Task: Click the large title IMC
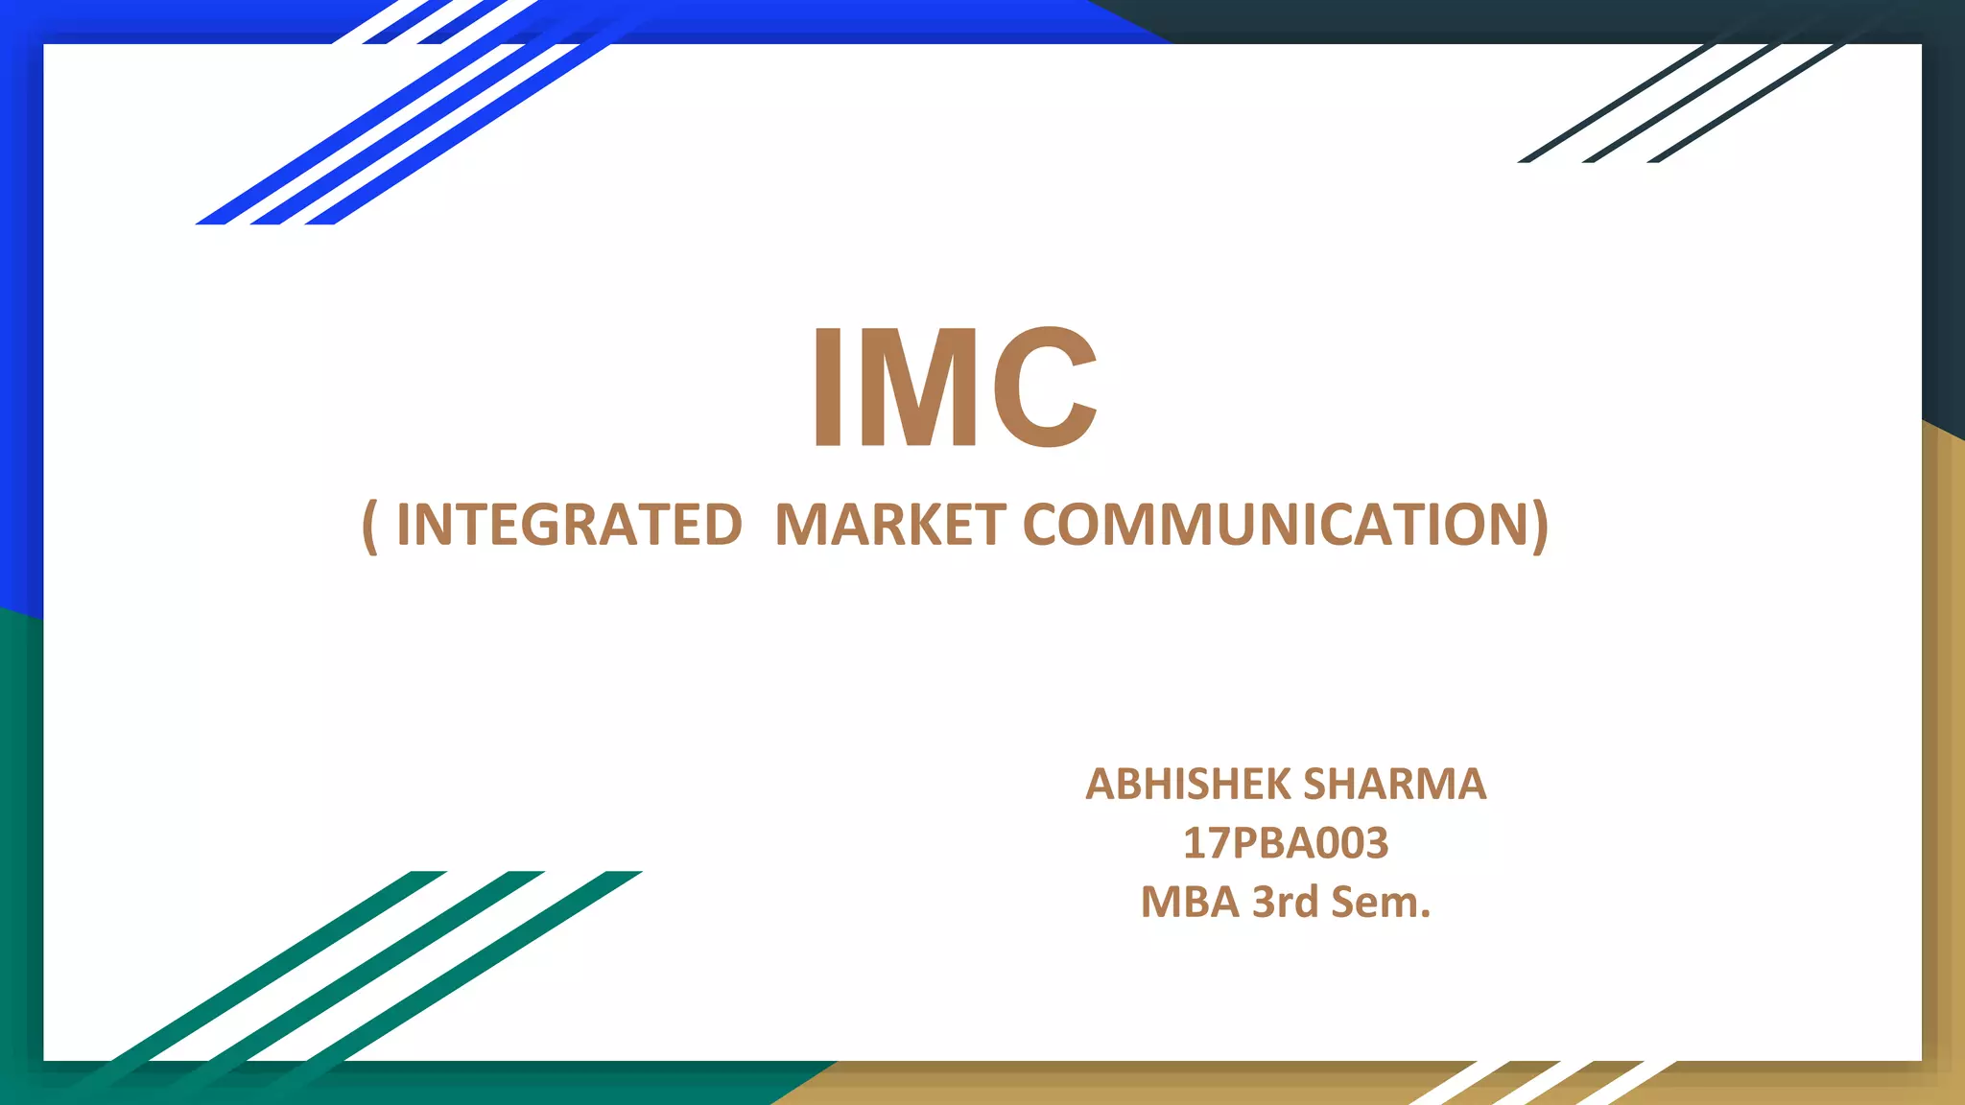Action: pos(955,387)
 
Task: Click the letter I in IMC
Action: pos(828,387)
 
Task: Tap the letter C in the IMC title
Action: pos(1045,387)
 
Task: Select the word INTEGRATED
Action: pos(569,525)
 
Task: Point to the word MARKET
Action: pos(889,525)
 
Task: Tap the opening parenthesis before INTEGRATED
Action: pos(370,526)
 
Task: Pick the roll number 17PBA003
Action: pos(1286,843)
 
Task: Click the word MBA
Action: pos(1190,902)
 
